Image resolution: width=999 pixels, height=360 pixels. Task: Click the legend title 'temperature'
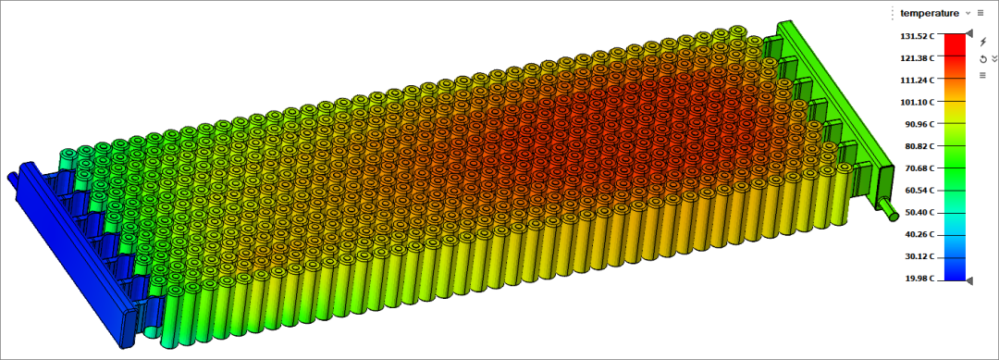coord(930,13)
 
